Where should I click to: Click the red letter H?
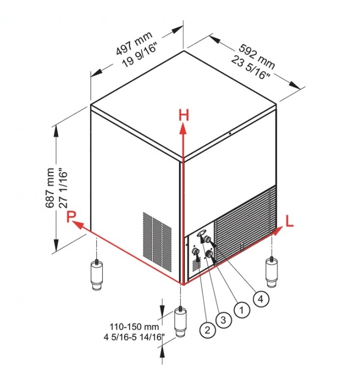(183, 115)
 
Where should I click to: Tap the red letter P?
(72, 216)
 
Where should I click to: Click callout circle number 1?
(241, 310)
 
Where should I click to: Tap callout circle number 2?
(208, 327)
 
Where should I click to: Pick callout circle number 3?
(223, 320)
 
